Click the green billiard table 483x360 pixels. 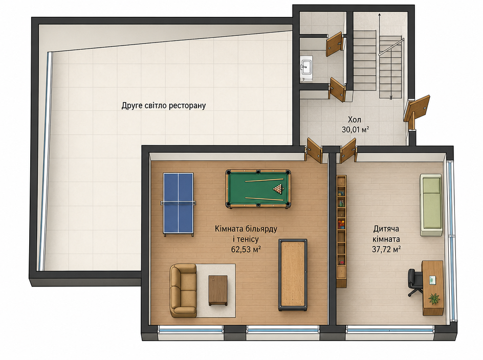click(x=258, y=189)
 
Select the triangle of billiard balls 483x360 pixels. click(x=278, y=189)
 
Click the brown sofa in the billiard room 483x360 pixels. click(x=183, y=290)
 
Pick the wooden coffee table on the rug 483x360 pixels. click(x=218, y=290)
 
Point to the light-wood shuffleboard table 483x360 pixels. click(x=293, y=275)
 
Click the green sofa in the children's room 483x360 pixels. click(x=431, y=205)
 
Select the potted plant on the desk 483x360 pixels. click(x=434, y=298)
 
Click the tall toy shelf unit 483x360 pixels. click(x=341, y=231)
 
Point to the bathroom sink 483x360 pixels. click(x=306, y=65)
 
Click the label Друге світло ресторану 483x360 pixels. click(x=164, y=106)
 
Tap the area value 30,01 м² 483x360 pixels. click(x=355, y=129)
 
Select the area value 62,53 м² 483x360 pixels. click(x=246, y=249)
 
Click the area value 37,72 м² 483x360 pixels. click(x=386, y=249)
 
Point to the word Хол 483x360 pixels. click(x=354, y=120)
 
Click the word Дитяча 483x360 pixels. click(x=386, y=229)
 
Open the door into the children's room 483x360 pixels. click(x=348, y=150)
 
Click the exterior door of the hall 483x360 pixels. click(x=416, y=110)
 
